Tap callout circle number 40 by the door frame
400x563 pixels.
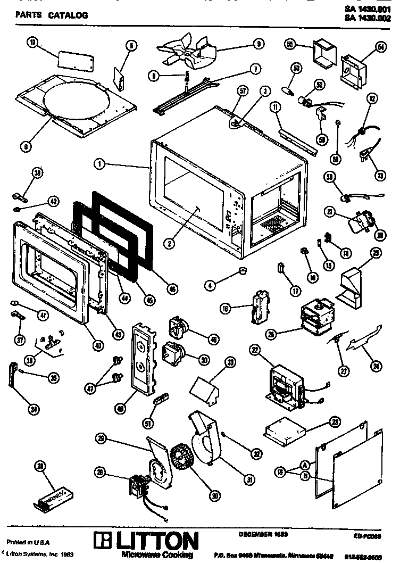pyautogui.click(x=97, y=344)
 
